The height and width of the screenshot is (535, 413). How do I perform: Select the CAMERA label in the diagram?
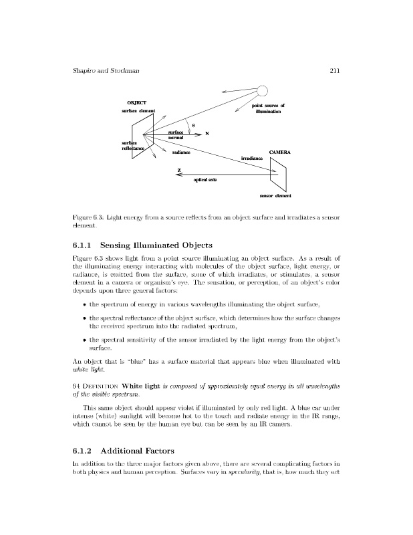coord(279,152)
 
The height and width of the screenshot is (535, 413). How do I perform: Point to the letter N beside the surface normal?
coord(207,134)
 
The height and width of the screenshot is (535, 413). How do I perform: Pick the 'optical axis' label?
coord(204,180)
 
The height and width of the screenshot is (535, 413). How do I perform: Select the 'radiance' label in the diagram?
coord(181,152)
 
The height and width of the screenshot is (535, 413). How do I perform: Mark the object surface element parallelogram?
coord(143,136)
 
